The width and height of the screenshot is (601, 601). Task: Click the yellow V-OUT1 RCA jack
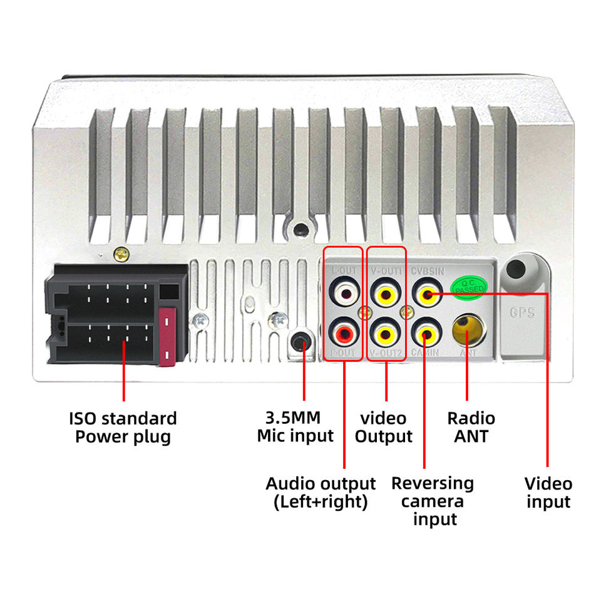pyautogui.click(x=384, y=294)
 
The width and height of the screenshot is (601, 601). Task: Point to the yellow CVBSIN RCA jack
pyautogui.click(x=426, y=294)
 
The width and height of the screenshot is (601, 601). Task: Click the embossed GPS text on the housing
pyautogui.click(x=522, y=312)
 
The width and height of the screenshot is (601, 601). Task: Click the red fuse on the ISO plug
pyautogui.click(x=167, y=336)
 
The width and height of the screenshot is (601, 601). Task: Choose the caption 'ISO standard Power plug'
pyautogui.click(x=123, y=427)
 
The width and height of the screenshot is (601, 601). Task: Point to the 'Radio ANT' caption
pyautogui.click(x=471, y=427)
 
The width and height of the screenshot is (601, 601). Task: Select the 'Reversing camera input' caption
pyautogui.click(x=433, y=501)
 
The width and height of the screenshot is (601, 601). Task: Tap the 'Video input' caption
pyautogui.click(x=548, y=492)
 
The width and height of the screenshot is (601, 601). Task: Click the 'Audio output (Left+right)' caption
pyautogui.click(x=321, y=492)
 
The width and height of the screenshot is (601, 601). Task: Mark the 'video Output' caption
pyautogui.click(x=384, y=427)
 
